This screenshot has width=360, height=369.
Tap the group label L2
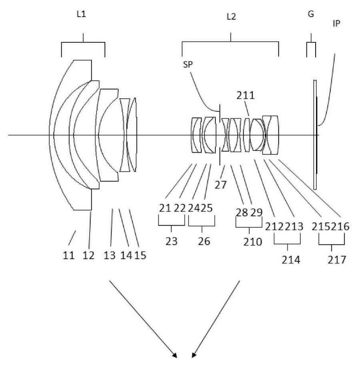point(231,17)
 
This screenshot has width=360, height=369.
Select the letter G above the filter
point(311,14)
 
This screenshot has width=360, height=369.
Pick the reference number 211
point(245,96)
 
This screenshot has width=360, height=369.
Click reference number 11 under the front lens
point(69,255)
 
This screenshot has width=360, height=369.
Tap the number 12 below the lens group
point(88,255)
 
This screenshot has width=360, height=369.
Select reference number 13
point(110,255)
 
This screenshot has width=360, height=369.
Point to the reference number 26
point(202,241)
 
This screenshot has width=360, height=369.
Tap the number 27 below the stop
point(220,185)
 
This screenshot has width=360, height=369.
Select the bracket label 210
point(249,242)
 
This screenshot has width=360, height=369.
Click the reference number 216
point(340,226)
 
